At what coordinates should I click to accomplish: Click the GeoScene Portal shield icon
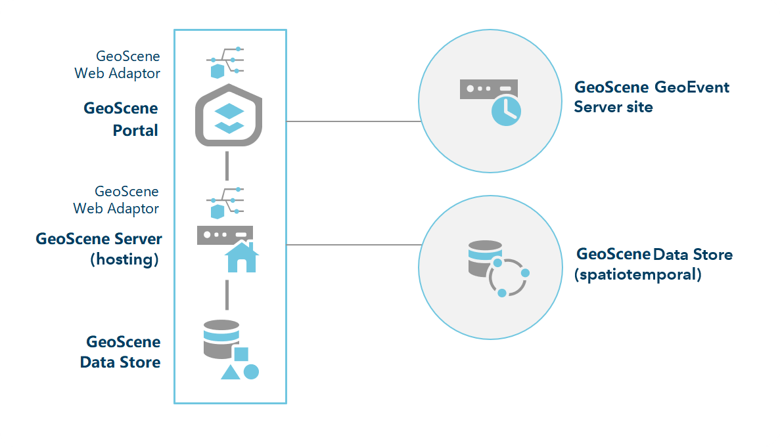point(229,116)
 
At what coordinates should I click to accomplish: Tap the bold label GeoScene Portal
point(121,119)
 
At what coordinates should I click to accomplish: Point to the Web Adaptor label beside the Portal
point(118,65)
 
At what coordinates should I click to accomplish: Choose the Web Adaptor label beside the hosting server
point(116,200)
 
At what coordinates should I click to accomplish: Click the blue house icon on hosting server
point(241,257)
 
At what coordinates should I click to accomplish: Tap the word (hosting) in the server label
point(124,259)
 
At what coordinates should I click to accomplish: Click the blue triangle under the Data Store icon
point(230,372)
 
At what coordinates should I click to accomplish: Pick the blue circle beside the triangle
point(251,372)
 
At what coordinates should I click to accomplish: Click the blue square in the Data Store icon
point(241,354)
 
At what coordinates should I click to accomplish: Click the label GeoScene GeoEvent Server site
point(651,96)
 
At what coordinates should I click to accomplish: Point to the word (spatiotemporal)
point(637,274)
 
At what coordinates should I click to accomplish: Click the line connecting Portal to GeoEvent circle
point(353,121)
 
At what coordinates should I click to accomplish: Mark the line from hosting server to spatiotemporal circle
point(353,245)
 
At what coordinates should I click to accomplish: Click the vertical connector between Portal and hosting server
point(227,165)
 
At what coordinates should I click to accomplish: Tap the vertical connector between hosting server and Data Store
point(227,295)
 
